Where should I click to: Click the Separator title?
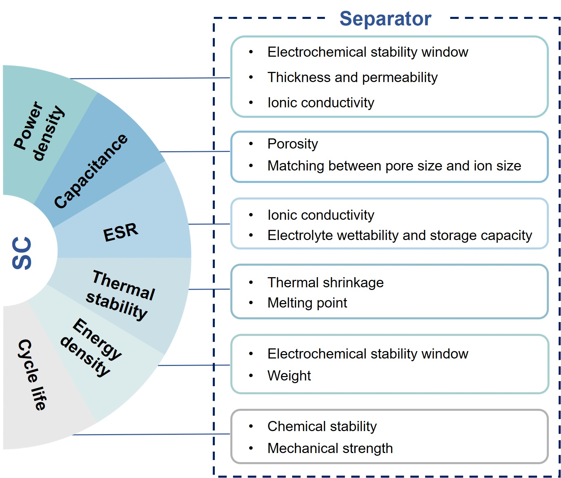pos(385,19)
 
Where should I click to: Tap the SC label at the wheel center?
pos(22,253)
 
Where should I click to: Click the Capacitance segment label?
pos(91,171)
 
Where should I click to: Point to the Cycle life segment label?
pos(32,375)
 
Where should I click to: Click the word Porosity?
pos(292,144)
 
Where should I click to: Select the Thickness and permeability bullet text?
pos(352,77)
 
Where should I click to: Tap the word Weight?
pos(289,376)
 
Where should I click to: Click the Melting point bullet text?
pos(307,303)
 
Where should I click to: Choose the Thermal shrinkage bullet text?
pos(326,283)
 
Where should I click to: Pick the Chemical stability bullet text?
pos(322,426)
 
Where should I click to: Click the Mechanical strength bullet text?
pos(330,448)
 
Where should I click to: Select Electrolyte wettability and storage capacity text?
pos(400,235)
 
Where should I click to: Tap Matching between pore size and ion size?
pos(394,166)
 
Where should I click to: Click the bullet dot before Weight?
pos(251,375)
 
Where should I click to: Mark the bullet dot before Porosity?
pos(251,144)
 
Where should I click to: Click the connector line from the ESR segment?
pos(209,224)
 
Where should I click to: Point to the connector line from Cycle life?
pos(151,434)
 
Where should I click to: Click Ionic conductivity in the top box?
pos(321,103)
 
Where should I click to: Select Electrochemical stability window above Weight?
pos(368,354)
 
